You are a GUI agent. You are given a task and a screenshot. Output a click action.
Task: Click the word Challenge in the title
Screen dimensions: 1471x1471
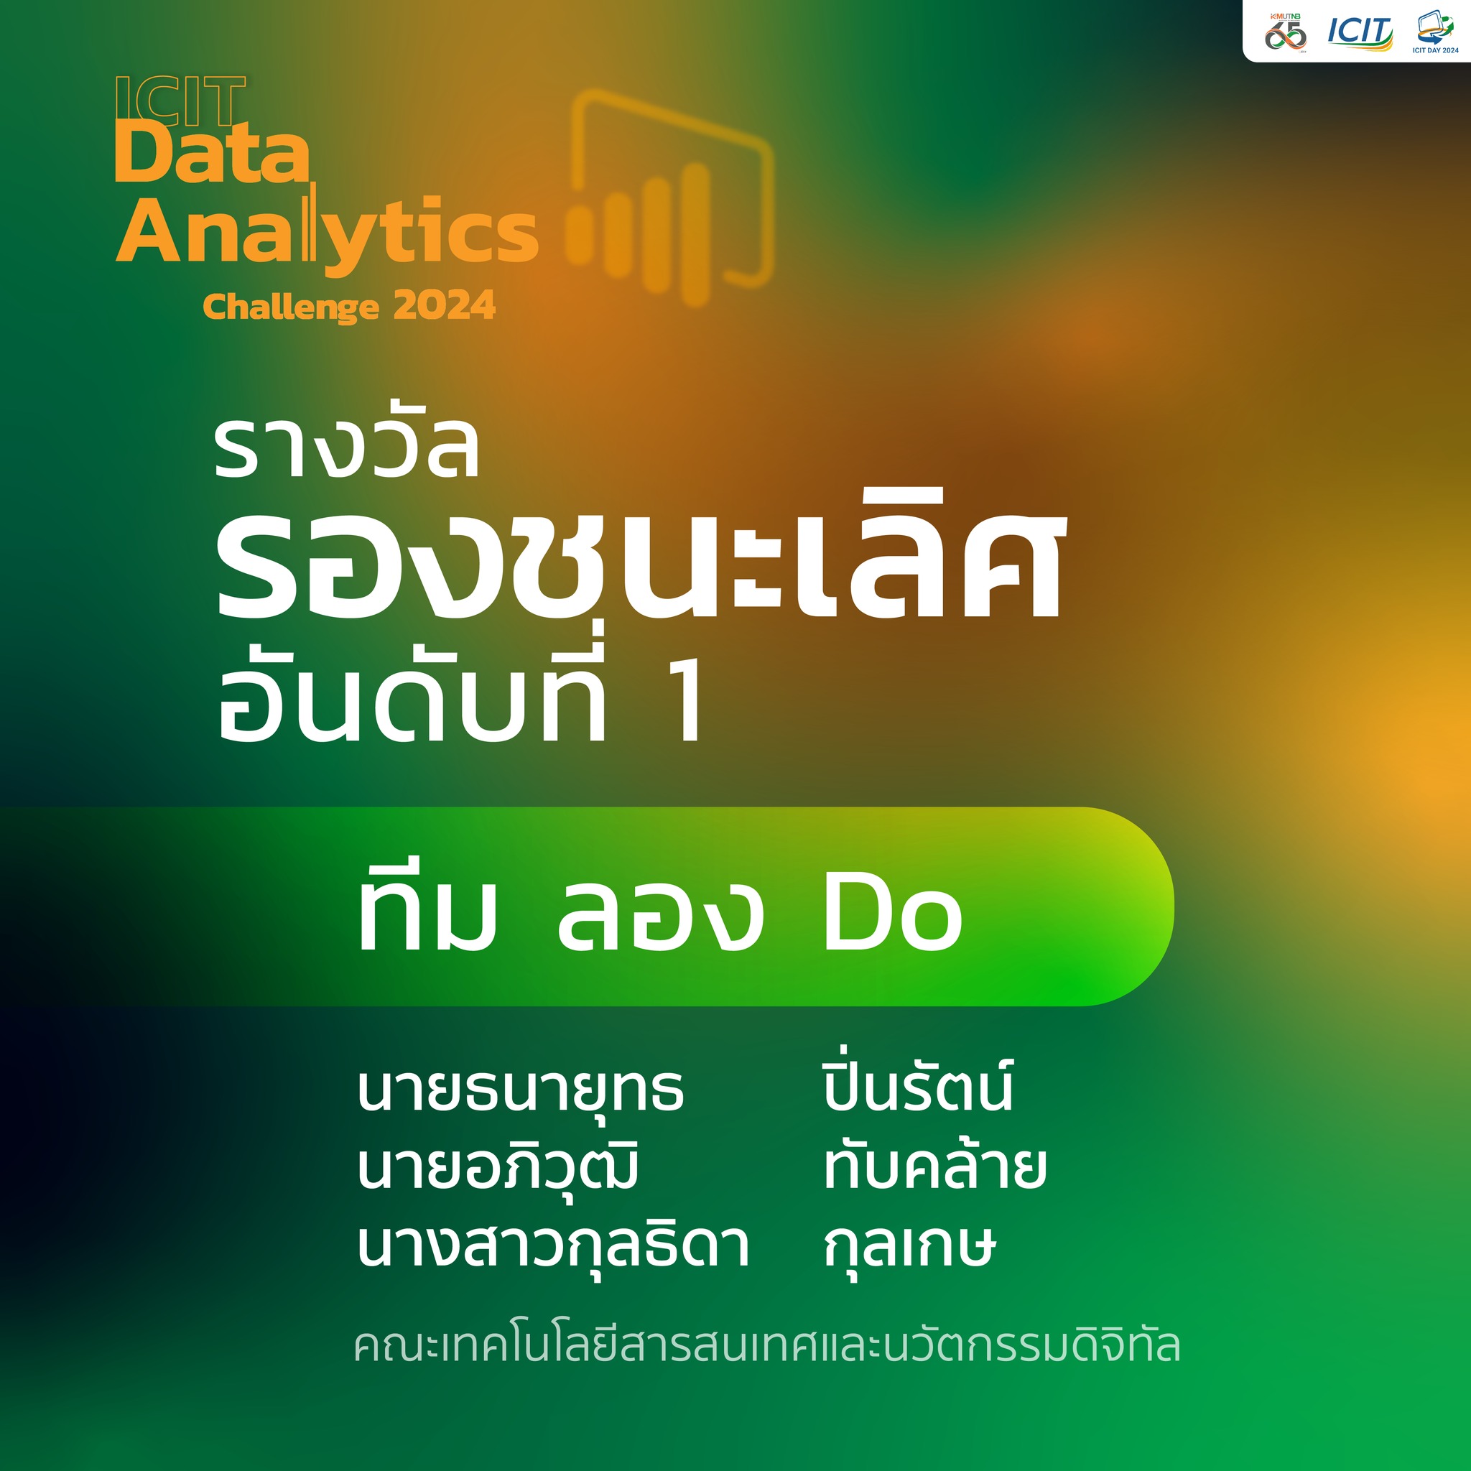tap(291, 307)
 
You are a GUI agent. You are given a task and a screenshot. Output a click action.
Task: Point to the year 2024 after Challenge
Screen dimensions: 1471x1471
tap(445, 306)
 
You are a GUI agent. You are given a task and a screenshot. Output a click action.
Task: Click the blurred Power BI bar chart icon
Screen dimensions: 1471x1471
tap(670, 198)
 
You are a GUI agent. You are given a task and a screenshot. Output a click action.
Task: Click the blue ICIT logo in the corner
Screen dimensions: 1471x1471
tap(1360, 33)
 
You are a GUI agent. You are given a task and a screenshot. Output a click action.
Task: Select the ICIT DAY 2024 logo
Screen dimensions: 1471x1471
tap(1435, 32)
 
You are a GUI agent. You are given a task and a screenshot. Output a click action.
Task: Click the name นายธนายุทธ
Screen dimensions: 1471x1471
tap(521, 1090)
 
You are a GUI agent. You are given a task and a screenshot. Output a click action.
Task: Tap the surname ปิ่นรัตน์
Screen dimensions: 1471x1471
tap(918, 1084)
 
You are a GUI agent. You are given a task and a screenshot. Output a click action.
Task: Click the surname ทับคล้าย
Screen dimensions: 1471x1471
tap(936, 1164)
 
